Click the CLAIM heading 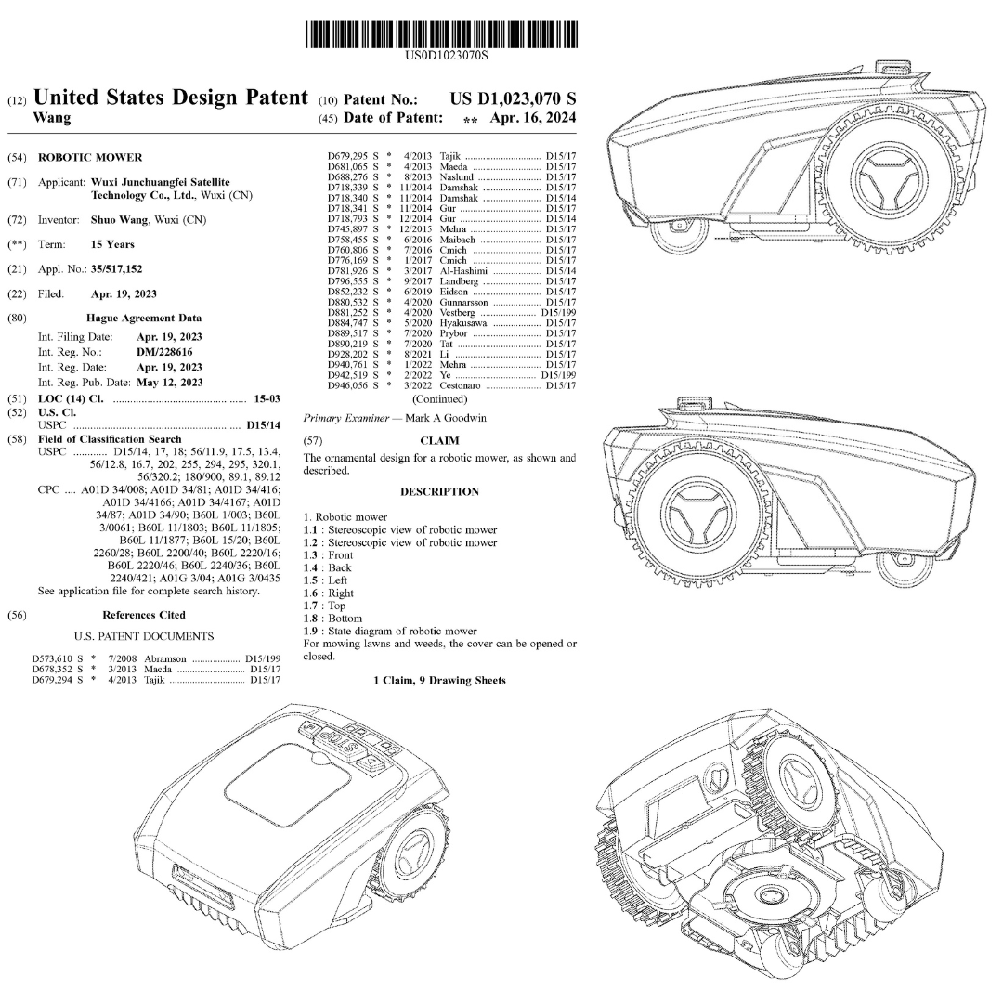[438, 440]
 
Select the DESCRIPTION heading [439, 491]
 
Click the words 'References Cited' [144, 615]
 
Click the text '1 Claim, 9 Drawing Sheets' [439, 681]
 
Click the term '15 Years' [112, 244]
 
